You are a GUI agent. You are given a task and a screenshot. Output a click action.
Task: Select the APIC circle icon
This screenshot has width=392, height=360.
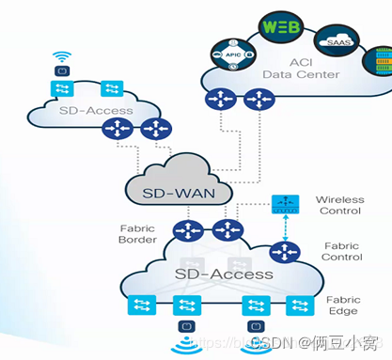(x=231, y=55)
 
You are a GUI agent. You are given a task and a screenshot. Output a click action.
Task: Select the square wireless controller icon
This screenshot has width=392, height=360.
(x=282, y=204)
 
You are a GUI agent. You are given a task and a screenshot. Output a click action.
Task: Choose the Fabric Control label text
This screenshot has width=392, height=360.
(x=342, y=250)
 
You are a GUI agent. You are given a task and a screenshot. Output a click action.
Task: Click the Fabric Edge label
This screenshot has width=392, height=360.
(x=342, y=305)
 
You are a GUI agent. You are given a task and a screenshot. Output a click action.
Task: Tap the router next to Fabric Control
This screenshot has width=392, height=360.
(x=281, y=252)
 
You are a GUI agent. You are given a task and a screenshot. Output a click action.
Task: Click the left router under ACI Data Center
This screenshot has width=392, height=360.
(x=221, y=99)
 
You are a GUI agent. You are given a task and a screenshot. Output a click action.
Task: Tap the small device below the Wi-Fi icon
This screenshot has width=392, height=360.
(x=61, y=68)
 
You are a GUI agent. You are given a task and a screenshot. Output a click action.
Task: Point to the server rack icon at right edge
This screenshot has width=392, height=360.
(x=382, y=62)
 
